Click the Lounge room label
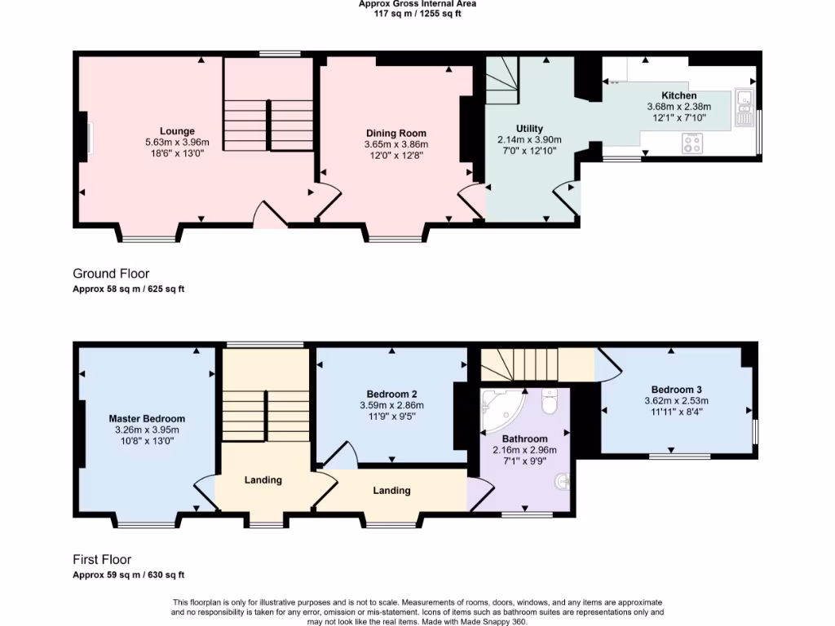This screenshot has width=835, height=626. pos(177,131)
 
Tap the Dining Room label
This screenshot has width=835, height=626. pos(395,133)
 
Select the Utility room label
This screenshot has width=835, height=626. pos(529,129)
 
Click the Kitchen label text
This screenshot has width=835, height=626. pos(678,95)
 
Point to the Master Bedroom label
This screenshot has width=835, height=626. pos(147,418)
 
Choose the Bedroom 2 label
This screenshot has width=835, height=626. pos(391,394)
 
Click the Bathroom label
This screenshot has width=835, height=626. pos(524,439)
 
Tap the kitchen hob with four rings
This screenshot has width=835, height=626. pos(692,144)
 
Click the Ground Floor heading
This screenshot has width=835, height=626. pos(111,274)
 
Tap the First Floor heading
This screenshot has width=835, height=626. pos(102,560)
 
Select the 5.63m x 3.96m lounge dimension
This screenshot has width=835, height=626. pos(177,143)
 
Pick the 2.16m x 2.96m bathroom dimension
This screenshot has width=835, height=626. pos(524,450)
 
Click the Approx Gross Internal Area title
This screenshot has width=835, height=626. pos(417,4)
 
